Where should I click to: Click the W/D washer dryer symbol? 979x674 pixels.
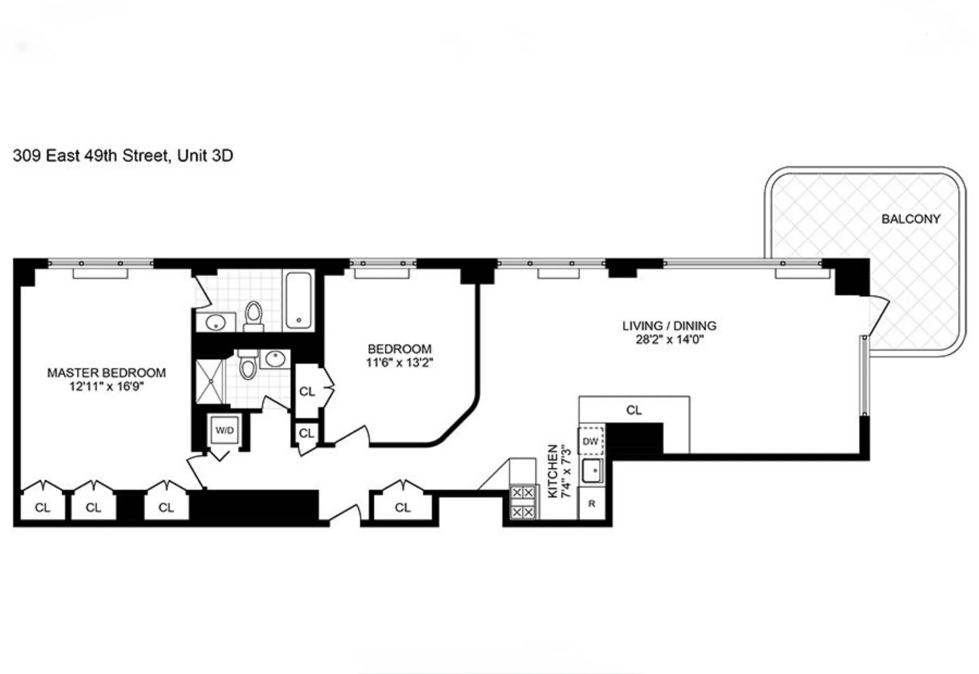pos(225,430)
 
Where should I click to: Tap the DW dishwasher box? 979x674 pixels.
pos(591,441)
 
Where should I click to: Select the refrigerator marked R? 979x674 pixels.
pos(592,504)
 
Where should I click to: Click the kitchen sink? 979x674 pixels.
pos(592,470)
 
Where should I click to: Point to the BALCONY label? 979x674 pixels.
pos(911,219)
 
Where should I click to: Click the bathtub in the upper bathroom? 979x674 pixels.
pos(299,301)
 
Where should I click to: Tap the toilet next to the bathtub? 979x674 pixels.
pos(254,316)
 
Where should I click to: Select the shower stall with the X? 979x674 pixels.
pos(209,381)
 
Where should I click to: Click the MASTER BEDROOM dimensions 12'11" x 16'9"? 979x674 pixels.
pos(106,386)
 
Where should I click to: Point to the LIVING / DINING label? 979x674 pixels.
pos(669,326)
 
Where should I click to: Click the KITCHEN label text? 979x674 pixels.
pos(553,471)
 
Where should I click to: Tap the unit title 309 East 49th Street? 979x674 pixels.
pos(123,156)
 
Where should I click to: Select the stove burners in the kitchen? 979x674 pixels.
pos(523,502)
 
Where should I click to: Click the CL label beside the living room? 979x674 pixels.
pos(634,410)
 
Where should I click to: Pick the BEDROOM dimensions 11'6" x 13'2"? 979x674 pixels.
pos(399,362)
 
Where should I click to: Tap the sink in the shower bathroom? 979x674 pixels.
pos(275,359)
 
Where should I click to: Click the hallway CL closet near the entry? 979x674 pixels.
pos(403,507)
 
